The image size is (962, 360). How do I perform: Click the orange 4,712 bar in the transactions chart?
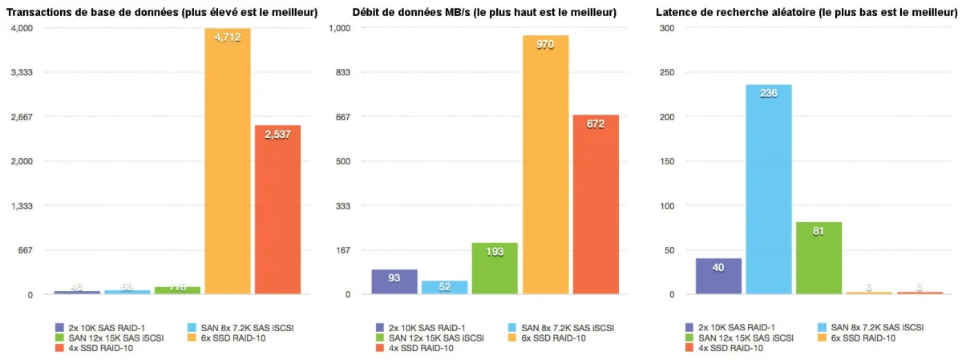[x=228, y=160]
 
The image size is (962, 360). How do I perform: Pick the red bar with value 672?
[x=596, y=204]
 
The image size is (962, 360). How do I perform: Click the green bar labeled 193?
[x=495, y=269]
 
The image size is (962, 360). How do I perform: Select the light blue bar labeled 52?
[x=444, y=288]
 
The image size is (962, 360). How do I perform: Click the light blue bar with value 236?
[x=768, y=189]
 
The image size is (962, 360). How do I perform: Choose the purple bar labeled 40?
[x=718, y=276]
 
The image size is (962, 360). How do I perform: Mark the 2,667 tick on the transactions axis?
[x=21, y=117]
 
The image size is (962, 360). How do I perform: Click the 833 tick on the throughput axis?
[x=342, y=72]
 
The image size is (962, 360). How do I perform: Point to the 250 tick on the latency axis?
[x=665, y=72]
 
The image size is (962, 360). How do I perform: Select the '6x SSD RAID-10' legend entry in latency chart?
[x=861, y=338]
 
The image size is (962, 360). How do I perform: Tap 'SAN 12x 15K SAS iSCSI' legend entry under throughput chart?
[x=430, y=338]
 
